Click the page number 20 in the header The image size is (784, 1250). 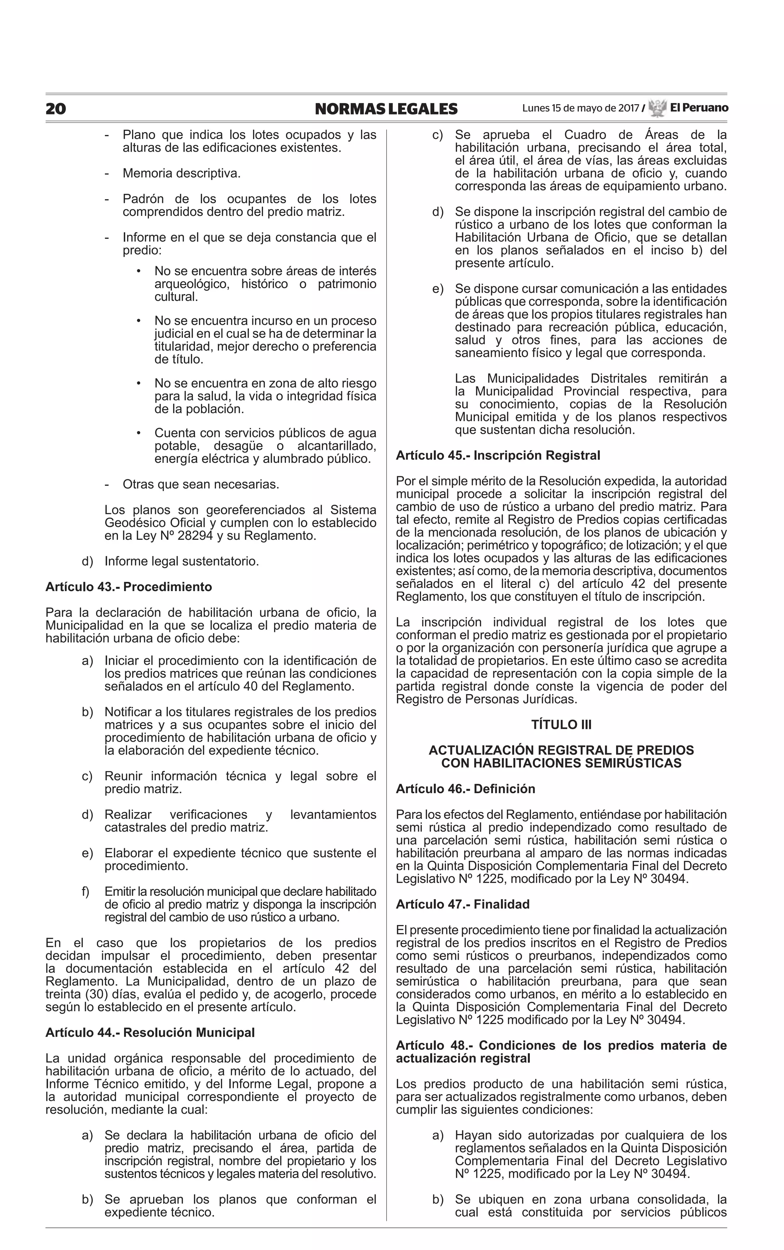click(56, 109)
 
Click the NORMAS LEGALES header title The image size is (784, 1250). click(386, 109)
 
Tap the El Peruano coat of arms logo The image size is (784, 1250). click(657, 108)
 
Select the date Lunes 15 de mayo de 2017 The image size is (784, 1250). click(580, 108)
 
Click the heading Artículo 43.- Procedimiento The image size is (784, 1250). click(129, 587)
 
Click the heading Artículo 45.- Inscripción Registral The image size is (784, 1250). click(498, 455)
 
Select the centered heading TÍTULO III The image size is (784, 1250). click(561, 725)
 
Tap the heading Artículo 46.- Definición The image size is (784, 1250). click(465, 789)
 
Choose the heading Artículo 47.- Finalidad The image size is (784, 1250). click(462, 905)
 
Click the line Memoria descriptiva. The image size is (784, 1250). click(181, 173)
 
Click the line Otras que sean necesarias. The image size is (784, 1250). click(201, 484)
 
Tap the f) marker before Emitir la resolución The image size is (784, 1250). click(85, 892)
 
